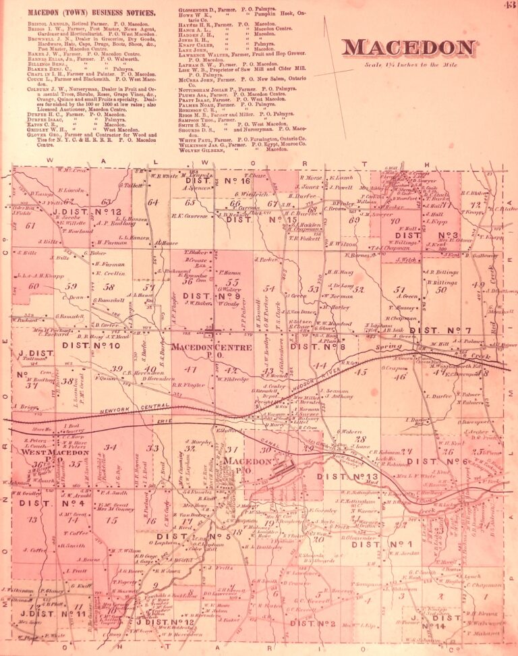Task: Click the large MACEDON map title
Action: click(x=409, y=48)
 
